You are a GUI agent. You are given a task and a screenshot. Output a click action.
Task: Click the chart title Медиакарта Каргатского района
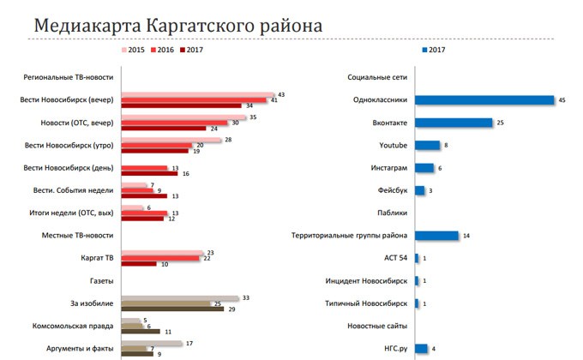tap(177, 26)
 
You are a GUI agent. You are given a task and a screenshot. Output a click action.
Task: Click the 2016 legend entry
tap(167, 51)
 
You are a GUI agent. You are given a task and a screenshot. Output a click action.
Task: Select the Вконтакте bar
tap(454, 123)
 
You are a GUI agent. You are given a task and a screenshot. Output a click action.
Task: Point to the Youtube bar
tap(427, 146)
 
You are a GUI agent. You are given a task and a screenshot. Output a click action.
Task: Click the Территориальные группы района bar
tap(436, 235)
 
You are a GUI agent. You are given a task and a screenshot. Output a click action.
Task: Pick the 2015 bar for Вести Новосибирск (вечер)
tap(197, 94)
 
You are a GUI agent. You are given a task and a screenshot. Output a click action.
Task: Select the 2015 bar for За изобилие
tap(180, 297)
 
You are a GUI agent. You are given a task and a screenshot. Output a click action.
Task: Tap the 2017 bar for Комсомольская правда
tap(141, 331)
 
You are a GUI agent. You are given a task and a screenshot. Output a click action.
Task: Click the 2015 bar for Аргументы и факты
tap(152, 343)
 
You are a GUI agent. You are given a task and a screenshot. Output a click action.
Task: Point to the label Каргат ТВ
tap(91, 257)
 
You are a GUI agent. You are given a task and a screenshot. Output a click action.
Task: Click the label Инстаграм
tap(390, 168)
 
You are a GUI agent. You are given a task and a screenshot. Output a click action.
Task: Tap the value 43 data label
tap(281, 94)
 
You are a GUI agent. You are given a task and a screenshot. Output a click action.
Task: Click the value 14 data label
tap(466, 236)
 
